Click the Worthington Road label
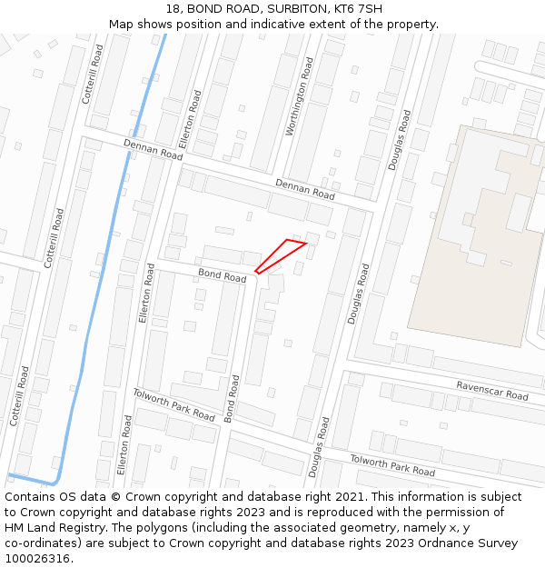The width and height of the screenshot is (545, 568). (x=299, y=97)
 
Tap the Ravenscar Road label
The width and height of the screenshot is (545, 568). (x=492, y=391)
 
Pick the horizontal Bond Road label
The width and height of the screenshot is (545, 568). (x=222, y=274)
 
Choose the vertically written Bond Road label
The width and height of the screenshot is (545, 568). (x=232, y=399)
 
